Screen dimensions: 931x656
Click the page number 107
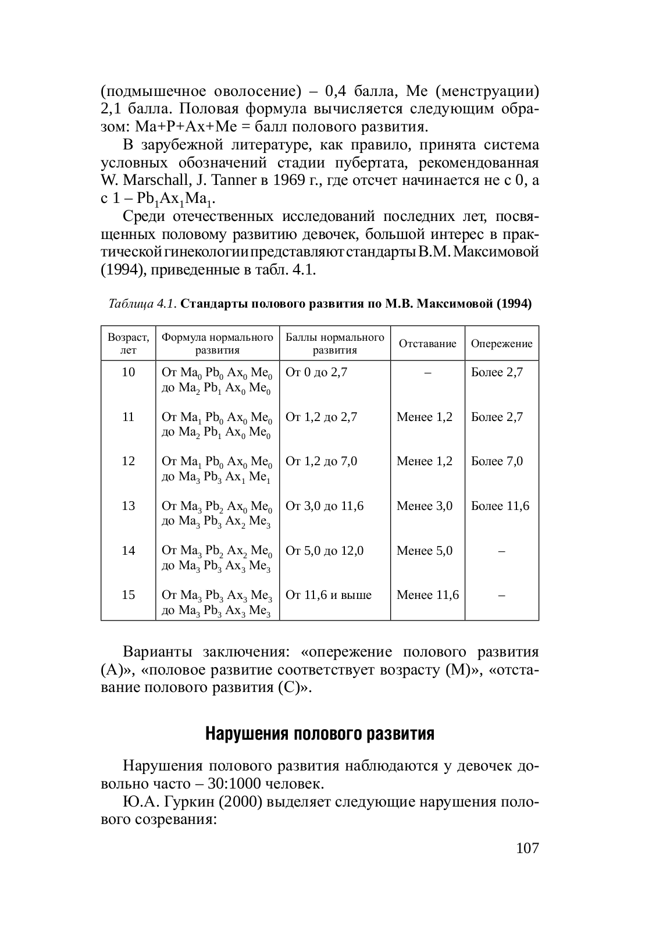tap(527, 848)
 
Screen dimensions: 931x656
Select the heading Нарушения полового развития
tap(320, 734)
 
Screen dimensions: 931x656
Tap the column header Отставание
tap(427, 344)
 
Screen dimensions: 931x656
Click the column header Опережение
tap(501, 344)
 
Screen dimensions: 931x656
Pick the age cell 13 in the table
tap(128, 506)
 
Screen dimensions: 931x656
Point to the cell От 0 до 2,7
tap(316, 372)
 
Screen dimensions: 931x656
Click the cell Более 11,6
tap(500, 506)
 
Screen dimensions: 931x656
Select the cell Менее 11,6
tap(427, 595)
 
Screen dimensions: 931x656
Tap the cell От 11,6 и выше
tap(328, 595)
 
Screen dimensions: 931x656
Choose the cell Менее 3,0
tap(425, 506)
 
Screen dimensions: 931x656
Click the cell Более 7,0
tap(497, 461)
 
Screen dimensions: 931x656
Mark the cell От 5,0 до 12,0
tap(325, 551)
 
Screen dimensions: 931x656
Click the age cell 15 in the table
tap(128, 595)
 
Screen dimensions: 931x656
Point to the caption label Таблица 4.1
tap(143, 304)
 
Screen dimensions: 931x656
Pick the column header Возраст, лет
tap(128, 344)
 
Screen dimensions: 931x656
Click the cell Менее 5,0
tap(425, 551)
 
